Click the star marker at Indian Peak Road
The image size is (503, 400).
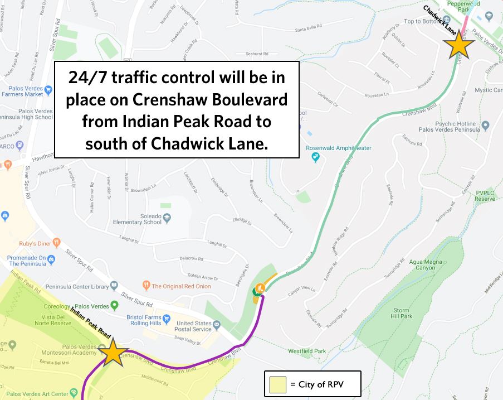point(113,352)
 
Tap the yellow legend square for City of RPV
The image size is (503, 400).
point(277,384)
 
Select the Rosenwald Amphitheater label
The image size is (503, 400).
point(338,148)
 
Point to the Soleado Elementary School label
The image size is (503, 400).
point(137,219)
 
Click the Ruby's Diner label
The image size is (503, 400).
point(35,243)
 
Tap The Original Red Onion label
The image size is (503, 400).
point(181,286)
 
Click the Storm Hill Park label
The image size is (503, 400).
point(402,313)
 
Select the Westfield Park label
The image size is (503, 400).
point(307,351)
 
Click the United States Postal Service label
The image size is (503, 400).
point(194,326)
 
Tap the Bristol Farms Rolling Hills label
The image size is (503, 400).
point(146,320)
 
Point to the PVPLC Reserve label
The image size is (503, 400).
point(485,195)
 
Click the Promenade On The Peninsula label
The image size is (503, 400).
point(26,261)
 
